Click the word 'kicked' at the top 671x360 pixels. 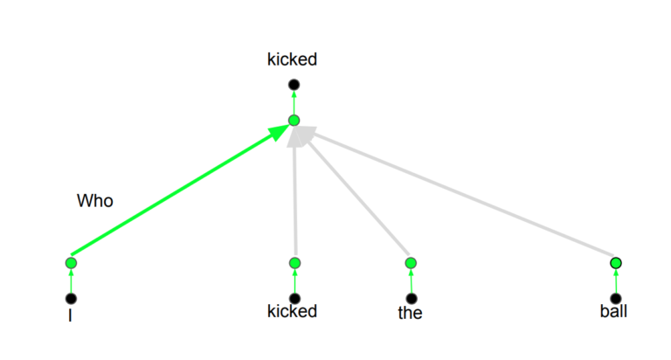click(292, 59)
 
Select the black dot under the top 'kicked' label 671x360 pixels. click(294, 85)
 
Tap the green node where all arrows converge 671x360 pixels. click(294, 121)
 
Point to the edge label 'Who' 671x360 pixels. click(95, 201)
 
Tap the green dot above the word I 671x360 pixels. click(71, 263)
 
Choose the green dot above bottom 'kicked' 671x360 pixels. click(294, 263)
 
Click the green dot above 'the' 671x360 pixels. click(411, 263)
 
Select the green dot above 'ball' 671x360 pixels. click(616, 263)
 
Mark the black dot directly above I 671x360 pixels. click(71, 298)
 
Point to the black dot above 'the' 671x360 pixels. click(412, 298)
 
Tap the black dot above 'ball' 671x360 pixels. click(616, 298)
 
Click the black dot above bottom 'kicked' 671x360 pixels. click(294, 298)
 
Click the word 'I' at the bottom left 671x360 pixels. click(70, 315)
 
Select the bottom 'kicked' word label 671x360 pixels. click(292, 311)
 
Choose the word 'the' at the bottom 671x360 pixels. click(410, 313)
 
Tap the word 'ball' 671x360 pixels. click(613, 311)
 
